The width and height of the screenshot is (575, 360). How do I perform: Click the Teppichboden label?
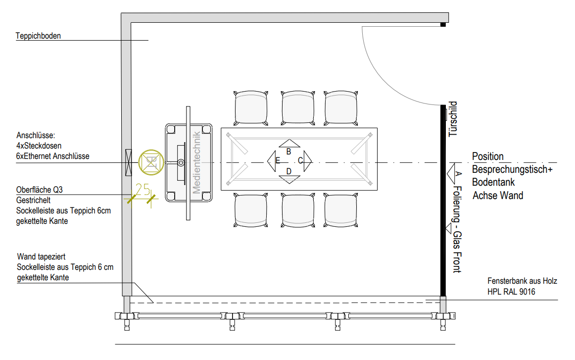click(38, 36)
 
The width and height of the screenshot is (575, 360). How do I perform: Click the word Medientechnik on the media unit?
click(196, 162)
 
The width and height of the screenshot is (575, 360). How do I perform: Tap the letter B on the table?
click(288, 152)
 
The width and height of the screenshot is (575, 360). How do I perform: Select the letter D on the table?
click(289, 171)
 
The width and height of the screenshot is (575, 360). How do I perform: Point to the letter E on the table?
click(278, 161)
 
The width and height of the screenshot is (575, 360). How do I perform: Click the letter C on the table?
click(300, 161)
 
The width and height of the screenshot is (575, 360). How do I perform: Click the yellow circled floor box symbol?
click(151, 162)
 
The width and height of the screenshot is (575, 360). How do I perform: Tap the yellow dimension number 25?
click(143, 189)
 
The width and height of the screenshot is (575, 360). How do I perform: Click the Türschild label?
click(453, 119)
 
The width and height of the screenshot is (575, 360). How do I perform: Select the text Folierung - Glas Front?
click(457, 229)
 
